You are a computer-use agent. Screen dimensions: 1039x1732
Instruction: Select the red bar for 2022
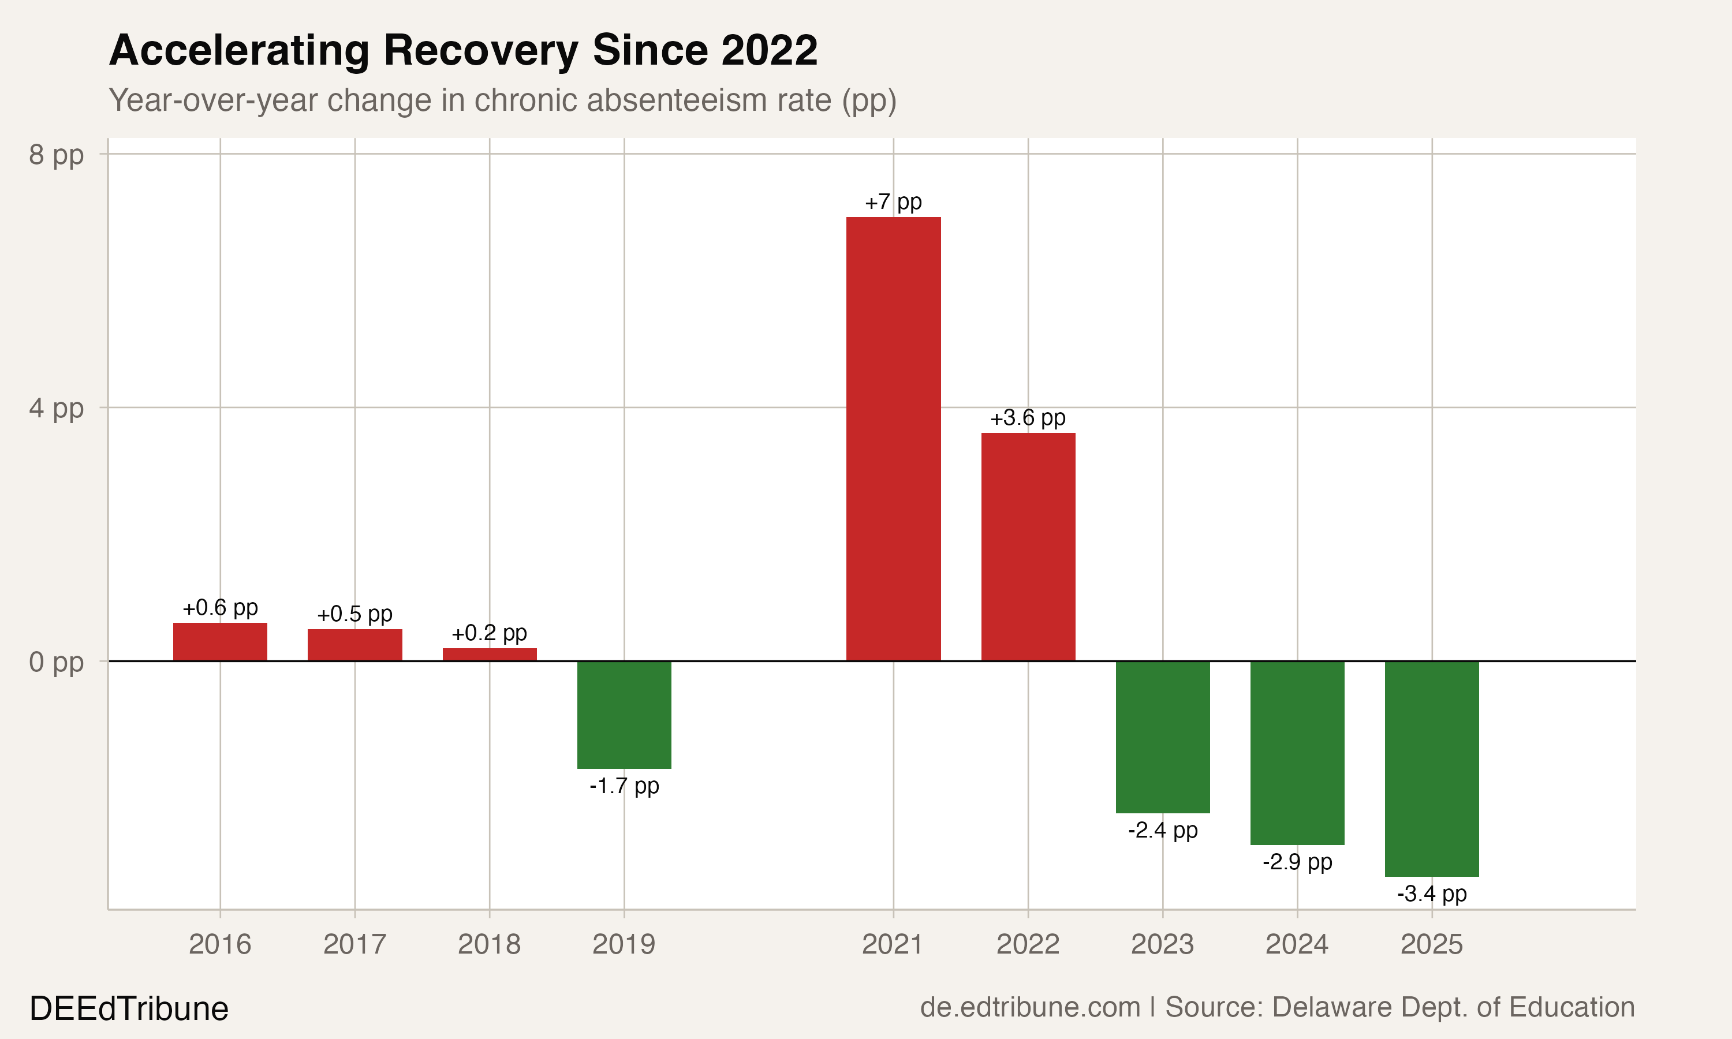coord(1028,546)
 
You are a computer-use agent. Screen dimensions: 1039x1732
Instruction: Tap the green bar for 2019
coord(624,714)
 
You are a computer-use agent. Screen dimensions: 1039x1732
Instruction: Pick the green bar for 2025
coord(1432,768)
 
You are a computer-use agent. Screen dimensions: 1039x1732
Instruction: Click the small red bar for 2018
coord(490,654)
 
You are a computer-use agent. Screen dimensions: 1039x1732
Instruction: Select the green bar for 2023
coord(1162,737)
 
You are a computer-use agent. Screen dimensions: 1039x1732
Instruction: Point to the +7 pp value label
coord(893,203)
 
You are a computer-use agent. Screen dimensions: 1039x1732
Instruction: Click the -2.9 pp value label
coord(1297,862)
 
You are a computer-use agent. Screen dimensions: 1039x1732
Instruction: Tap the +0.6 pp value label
coord(220,608)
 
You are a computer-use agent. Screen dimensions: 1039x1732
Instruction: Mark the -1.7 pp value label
coord(624,786)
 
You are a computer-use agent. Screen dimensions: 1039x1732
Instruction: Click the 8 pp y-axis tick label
coord(56,154)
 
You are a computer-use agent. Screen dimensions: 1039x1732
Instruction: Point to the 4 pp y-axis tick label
coord(56,408)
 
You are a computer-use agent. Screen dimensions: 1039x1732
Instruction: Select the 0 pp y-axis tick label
coord(56,661)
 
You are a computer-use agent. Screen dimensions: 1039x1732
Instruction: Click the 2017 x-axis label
coord(354,944)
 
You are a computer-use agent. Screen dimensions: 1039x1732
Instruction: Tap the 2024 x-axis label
coord(1297,944)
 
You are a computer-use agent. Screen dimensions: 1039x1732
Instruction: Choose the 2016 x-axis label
coord(220,944)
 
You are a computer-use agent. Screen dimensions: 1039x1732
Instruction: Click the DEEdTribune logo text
coord(129,1009)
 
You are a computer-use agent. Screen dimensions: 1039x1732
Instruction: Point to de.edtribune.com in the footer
coord(1030,1007)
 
